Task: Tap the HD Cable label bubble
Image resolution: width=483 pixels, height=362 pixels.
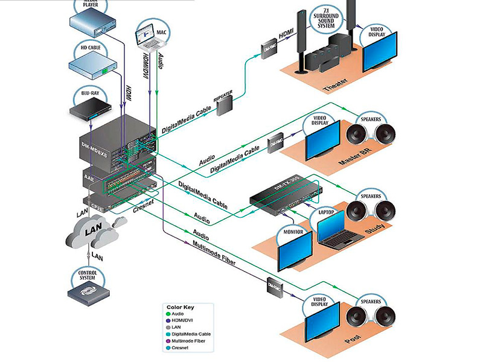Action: [92, 48]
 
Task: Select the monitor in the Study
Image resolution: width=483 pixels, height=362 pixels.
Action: [294, 253]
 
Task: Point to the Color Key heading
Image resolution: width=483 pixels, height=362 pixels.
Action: [181, 306]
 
